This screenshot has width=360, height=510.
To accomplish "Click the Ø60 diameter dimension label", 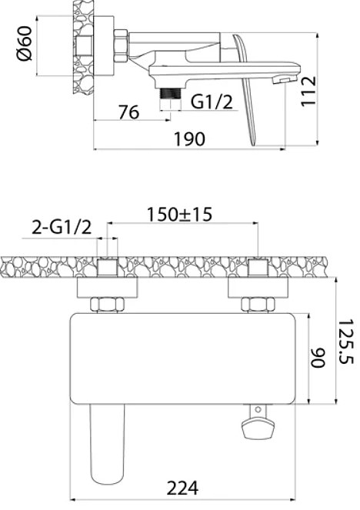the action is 25,43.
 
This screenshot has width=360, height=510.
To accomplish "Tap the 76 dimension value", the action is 128,112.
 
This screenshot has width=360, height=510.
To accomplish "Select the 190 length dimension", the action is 189,139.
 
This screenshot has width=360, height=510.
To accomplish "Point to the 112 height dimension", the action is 308,91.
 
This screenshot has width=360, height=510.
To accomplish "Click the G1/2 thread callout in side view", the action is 212,102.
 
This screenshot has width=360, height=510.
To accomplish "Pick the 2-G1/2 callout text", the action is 62,227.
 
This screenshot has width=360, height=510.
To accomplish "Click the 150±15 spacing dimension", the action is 179,215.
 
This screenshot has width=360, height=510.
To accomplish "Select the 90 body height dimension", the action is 318,358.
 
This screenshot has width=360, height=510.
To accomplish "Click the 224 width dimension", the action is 182,488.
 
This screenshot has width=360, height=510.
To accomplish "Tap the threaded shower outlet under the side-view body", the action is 171,93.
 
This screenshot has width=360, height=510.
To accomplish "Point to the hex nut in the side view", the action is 121,46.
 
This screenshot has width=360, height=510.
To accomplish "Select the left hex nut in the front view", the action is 108,305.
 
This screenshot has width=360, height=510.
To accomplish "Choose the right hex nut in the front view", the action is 258,305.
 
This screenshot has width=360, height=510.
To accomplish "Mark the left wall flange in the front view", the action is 108,288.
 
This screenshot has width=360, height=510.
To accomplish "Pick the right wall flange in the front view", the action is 258,288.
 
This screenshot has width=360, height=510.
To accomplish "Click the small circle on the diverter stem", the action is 258,409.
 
